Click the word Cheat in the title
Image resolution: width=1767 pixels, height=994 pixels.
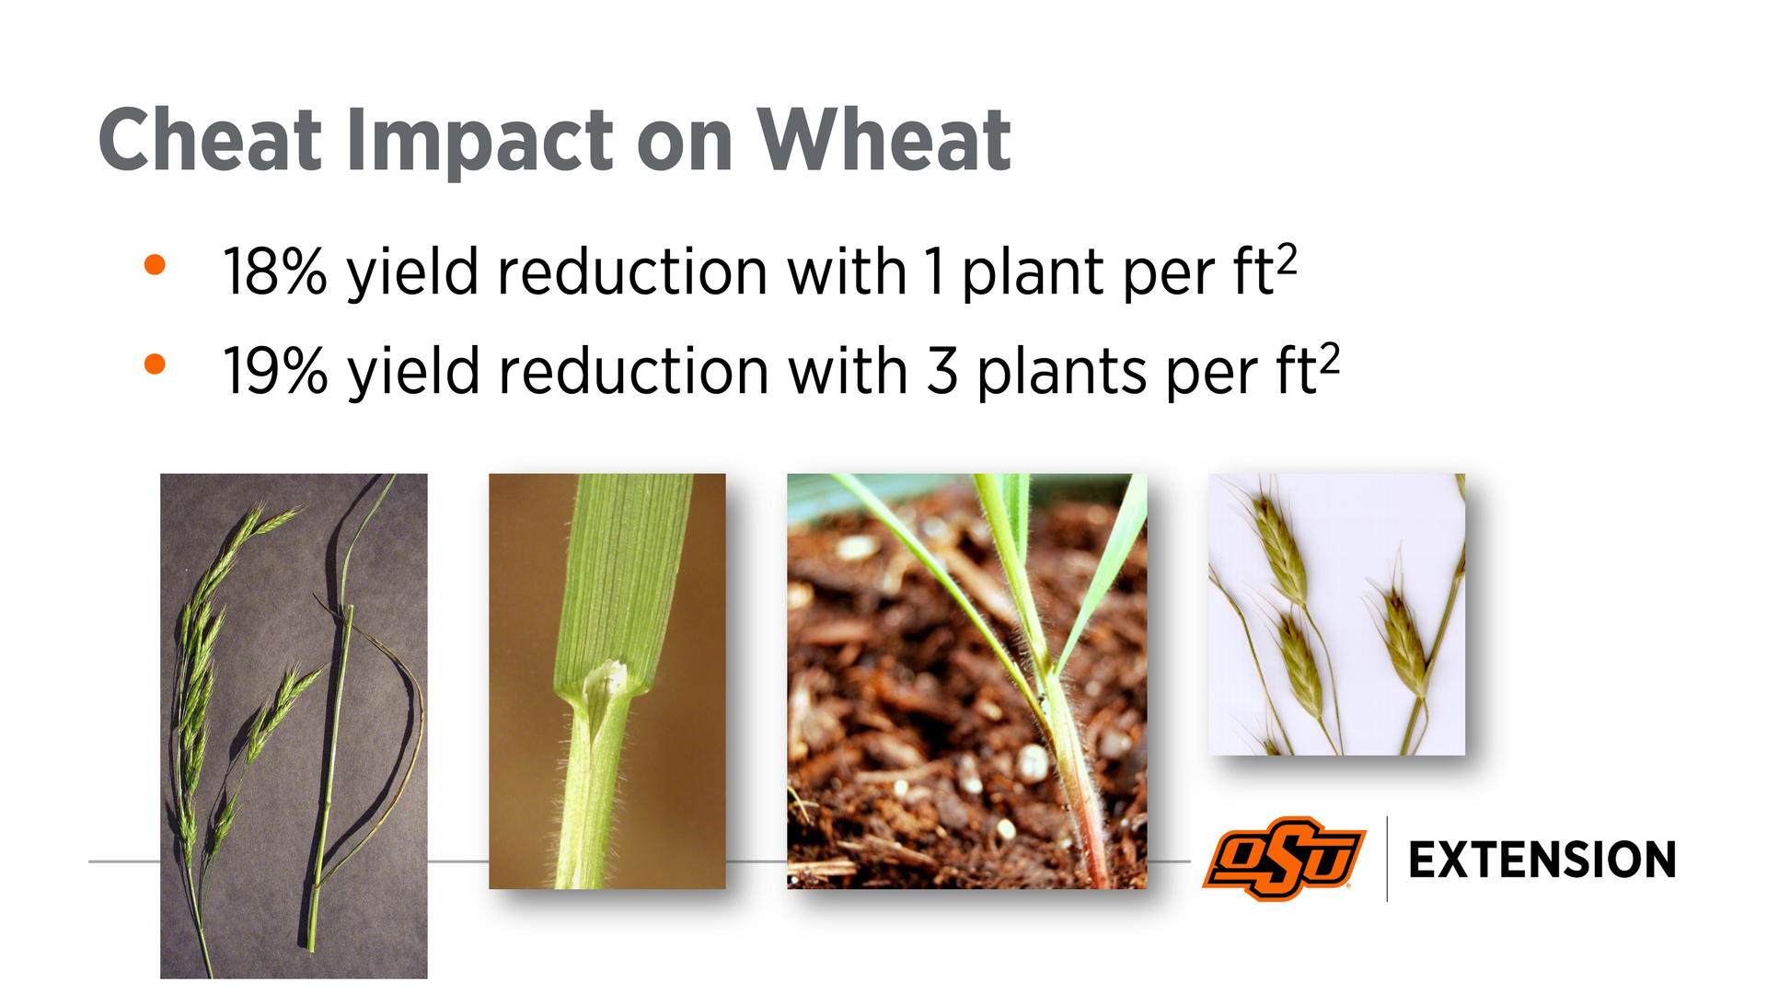[x=211, y=140]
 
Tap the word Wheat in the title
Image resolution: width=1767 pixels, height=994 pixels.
[x=883, y=140]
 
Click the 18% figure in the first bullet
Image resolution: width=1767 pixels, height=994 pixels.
[x=275, y=272]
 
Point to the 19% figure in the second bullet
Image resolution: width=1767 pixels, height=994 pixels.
[x=275, y=372]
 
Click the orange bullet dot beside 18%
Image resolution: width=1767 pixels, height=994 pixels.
[x=155, y=265]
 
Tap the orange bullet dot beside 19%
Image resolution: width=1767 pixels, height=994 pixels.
[x=155, y=364]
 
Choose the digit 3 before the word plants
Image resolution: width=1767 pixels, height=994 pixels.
[x=942, y=372]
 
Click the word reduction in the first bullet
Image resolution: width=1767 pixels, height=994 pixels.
[x=632, y=272]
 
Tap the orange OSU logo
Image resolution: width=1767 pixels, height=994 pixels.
[x=1284, y=859]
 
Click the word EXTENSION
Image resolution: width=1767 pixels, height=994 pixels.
[x=1542, y=861]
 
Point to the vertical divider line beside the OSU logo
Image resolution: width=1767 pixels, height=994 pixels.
[x=1387, y=859]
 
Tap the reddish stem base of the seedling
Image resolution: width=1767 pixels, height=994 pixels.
[x=1090, y=828]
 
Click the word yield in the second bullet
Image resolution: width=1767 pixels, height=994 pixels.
[x=414, y=373]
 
